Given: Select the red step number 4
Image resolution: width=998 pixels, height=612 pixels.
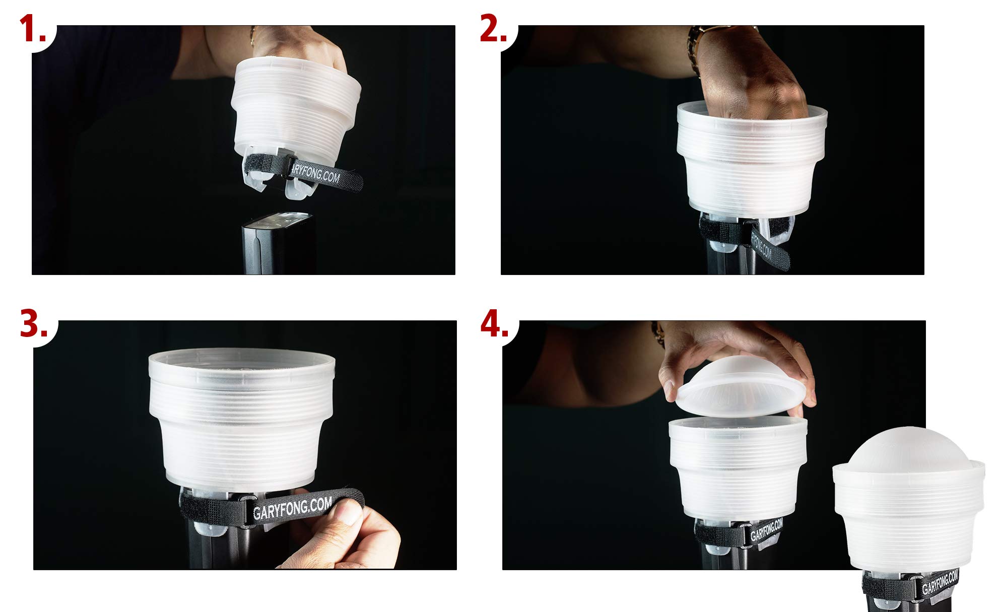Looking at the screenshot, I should pyautogui.click(x=494, y=325).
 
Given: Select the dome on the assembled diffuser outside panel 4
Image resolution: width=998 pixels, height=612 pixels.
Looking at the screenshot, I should pyautogui.click(x=907, y=448).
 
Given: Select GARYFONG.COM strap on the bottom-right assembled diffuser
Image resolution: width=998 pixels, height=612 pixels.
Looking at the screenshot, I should pyautogui.click(x=940, y=582).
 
